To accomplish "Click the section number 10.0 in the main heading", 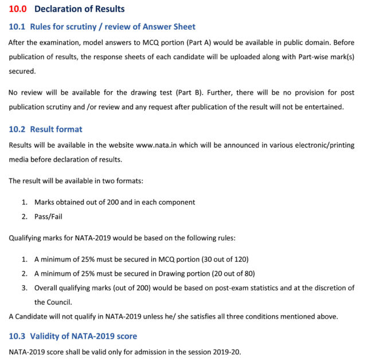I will [x=17, y=9].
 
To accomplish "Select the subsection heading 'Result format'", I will [x=56, y=130].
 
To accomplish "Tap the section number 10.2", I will [x=17, y=130].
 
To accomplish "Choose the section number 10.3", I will [x=17, y=336].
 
